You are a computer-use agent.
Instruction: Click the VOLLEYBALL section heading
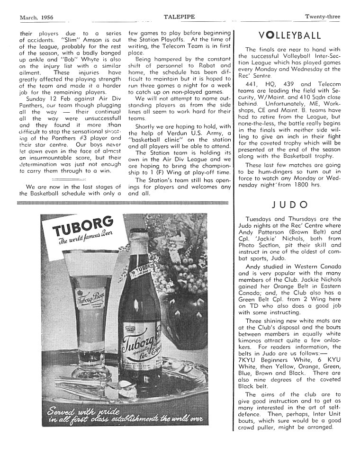pos(290,36)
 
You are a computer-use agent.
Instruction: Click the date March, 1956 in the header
pos(36,18)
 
